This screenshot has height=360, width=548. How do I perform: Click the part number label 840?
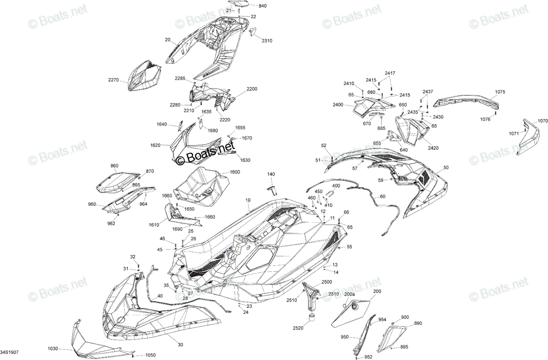263,6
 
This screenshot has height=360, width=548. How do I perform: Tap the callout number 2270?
113,80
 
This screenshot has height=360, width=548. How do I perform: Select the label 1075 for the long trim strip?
500,92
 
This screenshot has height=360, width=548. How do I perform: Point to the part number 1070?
543,121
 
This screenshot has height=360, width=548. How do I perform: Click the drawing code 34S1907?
9,352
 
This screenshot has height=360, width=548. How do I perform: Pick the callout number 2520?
298,328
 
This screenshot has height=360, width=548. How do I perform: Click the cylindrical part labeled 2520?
311,317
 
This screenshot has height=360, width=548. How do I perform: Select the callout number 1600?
235,172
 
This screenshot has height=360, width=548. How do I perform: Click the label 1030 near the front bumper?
53,349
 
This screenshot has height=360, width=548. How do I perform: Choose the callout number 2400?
338,105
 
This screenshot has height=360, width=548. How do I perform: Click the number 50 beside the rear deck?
446,167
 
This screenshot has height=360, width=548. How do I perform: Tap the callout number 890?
418,323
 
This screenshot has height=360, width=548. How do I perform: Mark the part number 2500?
327,282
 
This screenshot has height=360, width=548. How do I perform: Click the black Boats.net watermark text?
205,153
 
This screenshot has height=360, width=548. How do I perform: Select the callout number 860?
114,166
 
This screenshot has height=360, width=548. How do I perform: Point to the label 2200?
252,89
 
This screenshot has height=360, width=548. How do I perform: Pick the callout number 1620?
155,146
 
